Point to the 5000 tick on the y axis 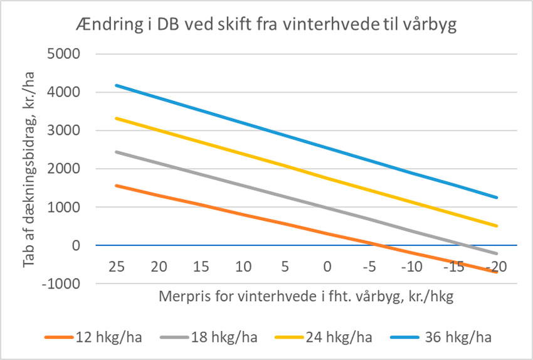point(65,54)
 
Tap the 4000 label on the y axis point(65,92)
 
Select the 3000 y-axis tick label point(65,130)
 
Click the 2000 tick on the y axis point(65,169)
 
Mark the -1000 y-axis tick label point(63,283)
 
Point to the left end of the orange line point(116,186)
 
